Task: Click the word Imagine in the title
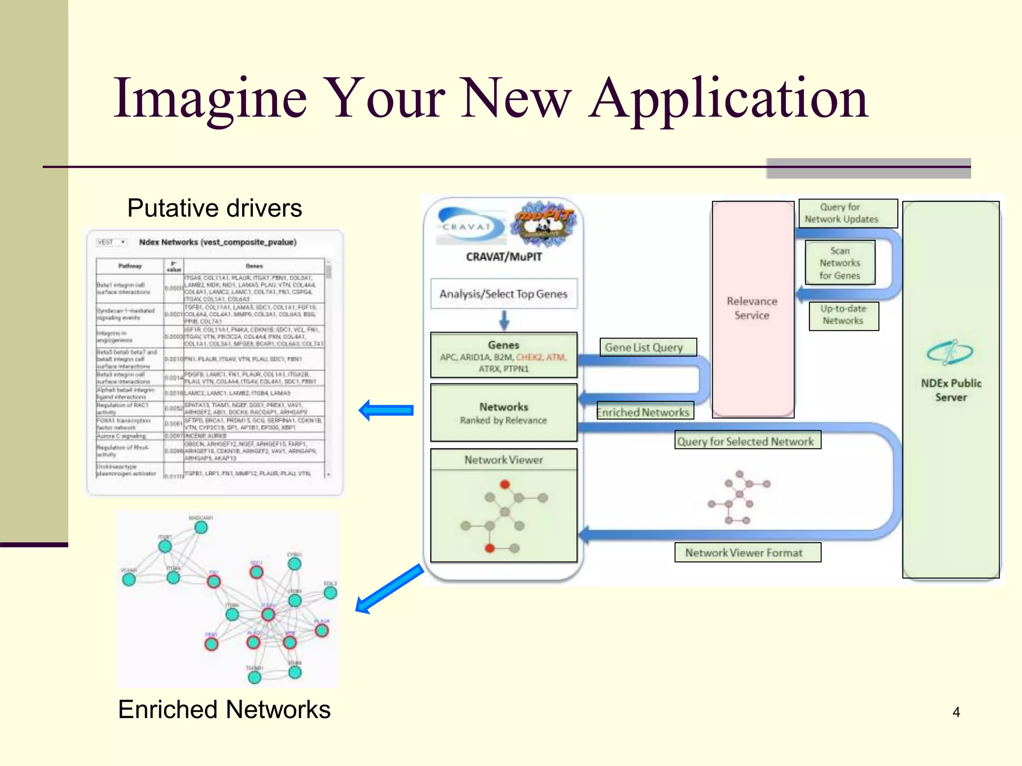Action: (210, 100)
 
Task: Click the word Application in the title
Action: (729, 100)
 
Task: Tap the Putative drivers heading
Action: (215, 208)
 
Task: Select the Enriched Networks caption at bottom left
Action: (224, 709)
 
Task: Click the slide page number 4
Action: (956, 712)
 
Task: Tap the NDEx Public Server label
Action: (951, 390)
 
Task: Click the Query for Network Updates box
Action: (848, 213)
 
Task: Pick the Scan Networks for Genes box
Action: (840, 263)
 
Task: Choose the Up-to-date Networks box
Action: (843, 315)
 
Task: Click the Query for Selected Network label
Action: (747, 441)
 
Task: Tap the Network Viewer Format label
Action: (747, 553)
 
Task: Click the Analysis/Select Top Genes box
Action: (504, 294)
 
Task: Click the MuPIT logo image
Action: (544, 224)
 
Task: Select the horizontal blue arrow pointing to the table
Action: (386, 410)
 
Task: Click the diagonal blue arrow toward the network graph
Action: (389, 589)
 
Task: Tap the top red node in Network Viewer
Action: (505, 484)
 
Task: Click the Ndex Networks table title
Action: (218, 242)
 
